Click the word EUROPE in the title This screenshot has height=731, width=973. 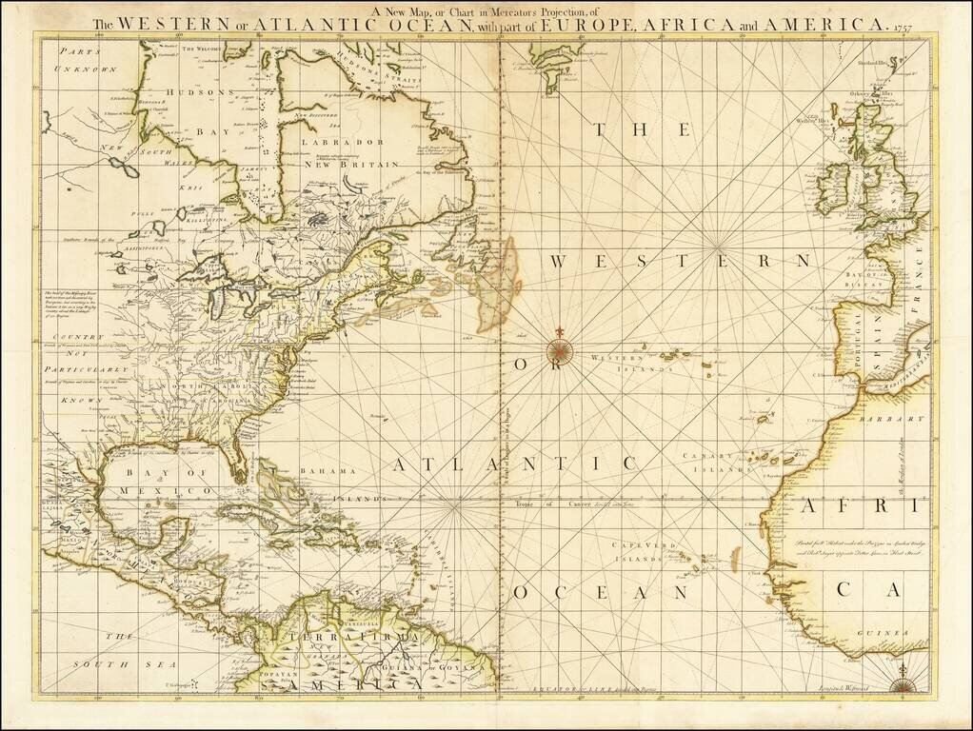click(572, 24)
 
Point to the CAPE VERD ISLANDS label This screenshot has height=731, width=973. click(639, 553)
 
